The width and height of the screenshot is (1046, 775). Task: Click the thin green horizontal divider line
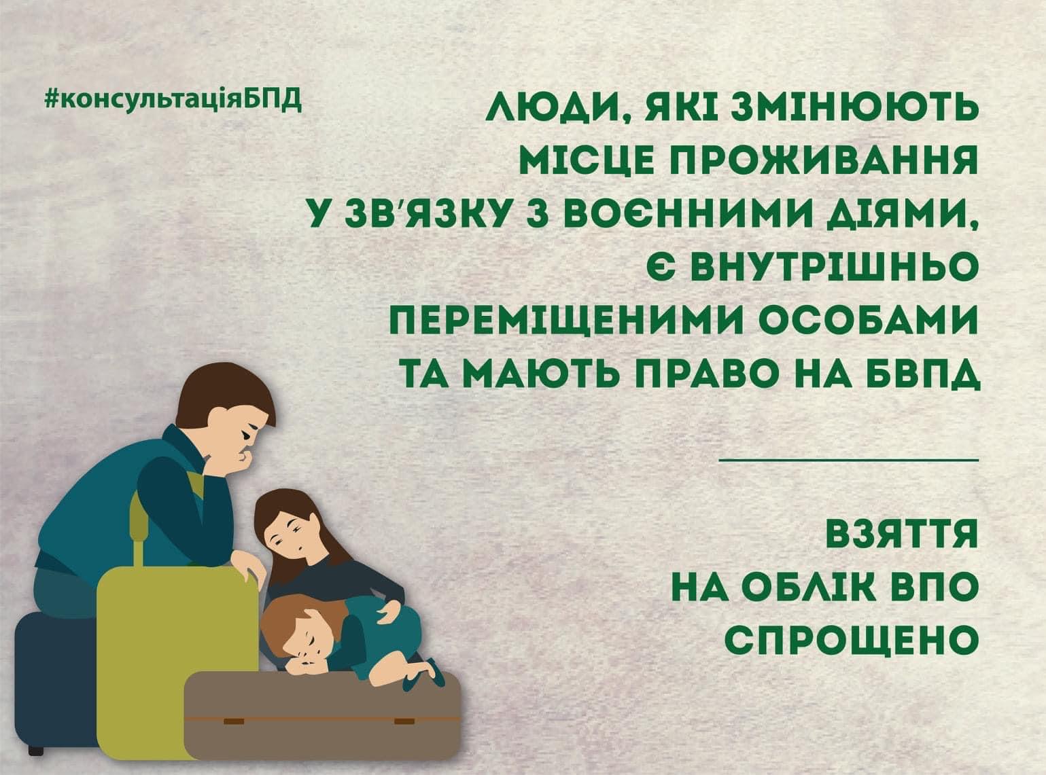coord(849,459)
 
